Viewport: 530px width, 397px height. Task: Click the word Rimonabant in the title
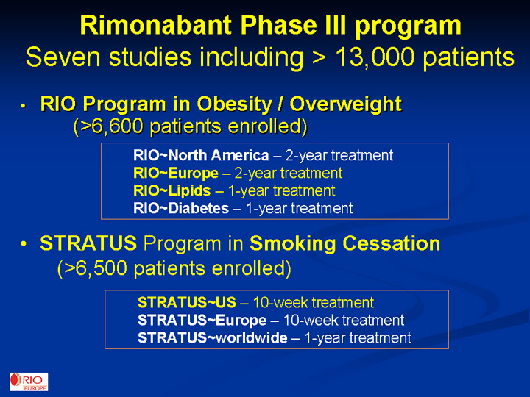(156, 25)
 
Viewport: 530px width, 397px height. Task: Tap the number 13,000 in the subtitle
(375, 57)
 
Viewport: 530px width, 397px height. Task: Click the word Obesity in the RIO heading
(234, 104)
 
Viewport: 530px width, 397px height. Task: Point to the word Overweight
(345, 104)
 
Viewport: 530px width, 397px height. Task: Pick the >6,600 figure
(109, 126)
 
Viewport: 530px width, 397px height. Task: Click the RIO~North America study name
(201, 155)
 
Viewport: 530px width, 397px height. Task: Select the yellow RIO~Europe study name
(176, 174)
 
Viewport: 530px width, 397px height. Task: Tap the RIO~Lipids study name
(172, 190)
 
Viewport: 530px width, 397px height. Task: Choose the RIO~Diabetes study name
(181, 208)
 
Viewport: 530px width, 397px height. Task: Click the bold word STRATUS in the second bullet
(88, 243)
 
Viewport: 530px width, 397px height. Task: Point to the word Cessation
(392, 243)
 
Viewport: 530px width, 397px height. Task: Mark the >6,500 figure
(93, 269)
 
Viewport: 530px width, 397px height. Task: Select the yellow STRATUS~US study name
(186, 302)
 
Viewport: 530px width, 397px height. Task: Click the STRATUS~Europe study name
(202, 320)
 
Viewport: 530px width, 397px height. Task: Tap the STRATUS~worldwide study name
(212, 337)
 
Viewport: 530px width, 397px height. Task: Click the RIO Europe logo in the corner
(29, 382)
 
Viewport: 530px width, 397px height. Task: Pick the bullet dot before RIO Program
(23, 106)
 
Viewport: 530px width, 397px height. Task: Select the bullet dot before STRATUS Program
(23, 244)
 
